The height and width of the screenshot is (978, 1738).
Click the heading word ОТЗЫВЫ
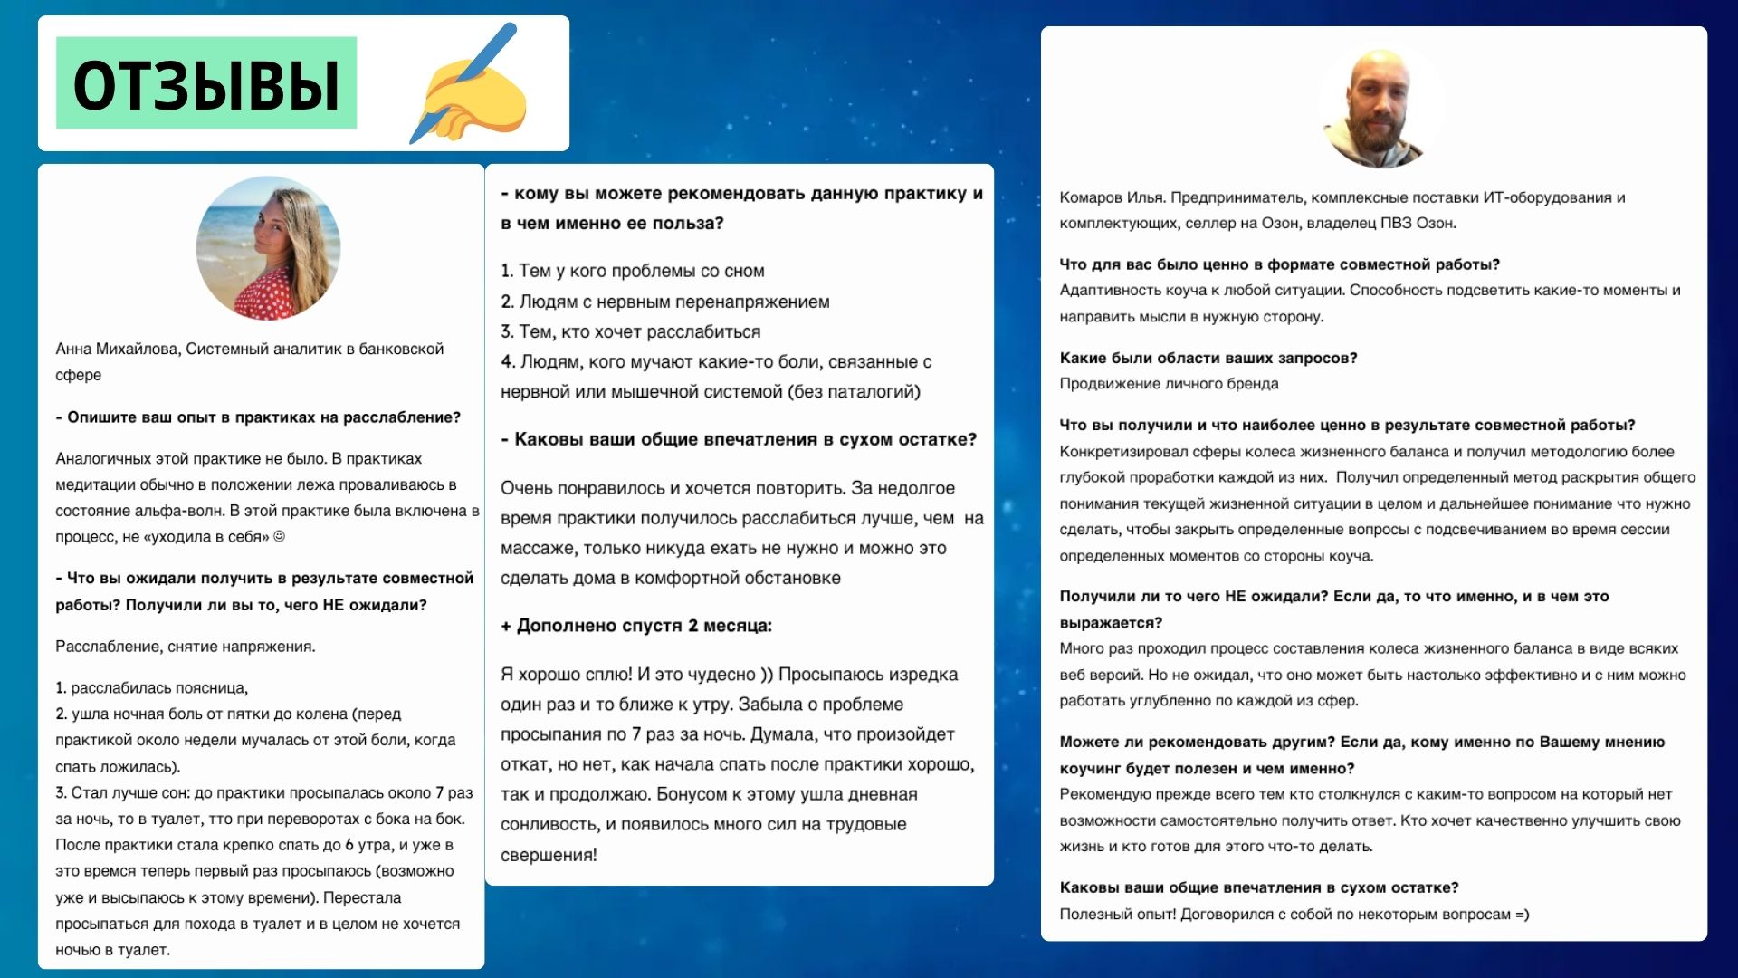click(x=206, y=84)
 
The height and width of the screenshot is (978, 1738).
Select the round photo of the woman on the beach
click(x=268, y=248)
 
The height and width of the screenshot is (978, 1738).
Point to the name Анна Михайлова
click(x=118, y=349)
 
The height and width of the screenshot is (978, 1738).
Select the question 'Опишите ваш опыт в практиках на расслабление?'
click(x=258, y=417)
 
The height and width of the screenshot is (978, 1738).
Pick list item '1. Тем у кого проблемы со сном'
click(x=632, y=271)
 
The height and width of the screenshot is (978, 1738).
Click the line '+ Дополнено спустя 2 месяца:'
click(x=636, y=626)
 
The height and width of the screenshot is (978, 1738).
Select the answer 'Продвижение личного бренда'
click(x=1169, y=384)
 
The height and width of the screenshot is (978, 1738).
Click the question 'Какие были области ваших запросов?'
click(x=1208, y=358)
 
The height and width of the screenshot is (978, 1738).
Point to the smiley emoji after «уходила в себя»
click(x=279, y=536)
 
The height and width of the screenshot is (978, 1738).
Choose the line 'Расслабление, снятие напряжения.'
click(x=186, y=647)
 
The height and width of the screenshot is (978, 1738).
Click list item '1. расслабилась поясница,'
click(x=152, y=688)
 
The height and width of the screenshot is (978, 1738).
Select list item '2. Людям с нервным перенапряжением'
click(x=664, y=302)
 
